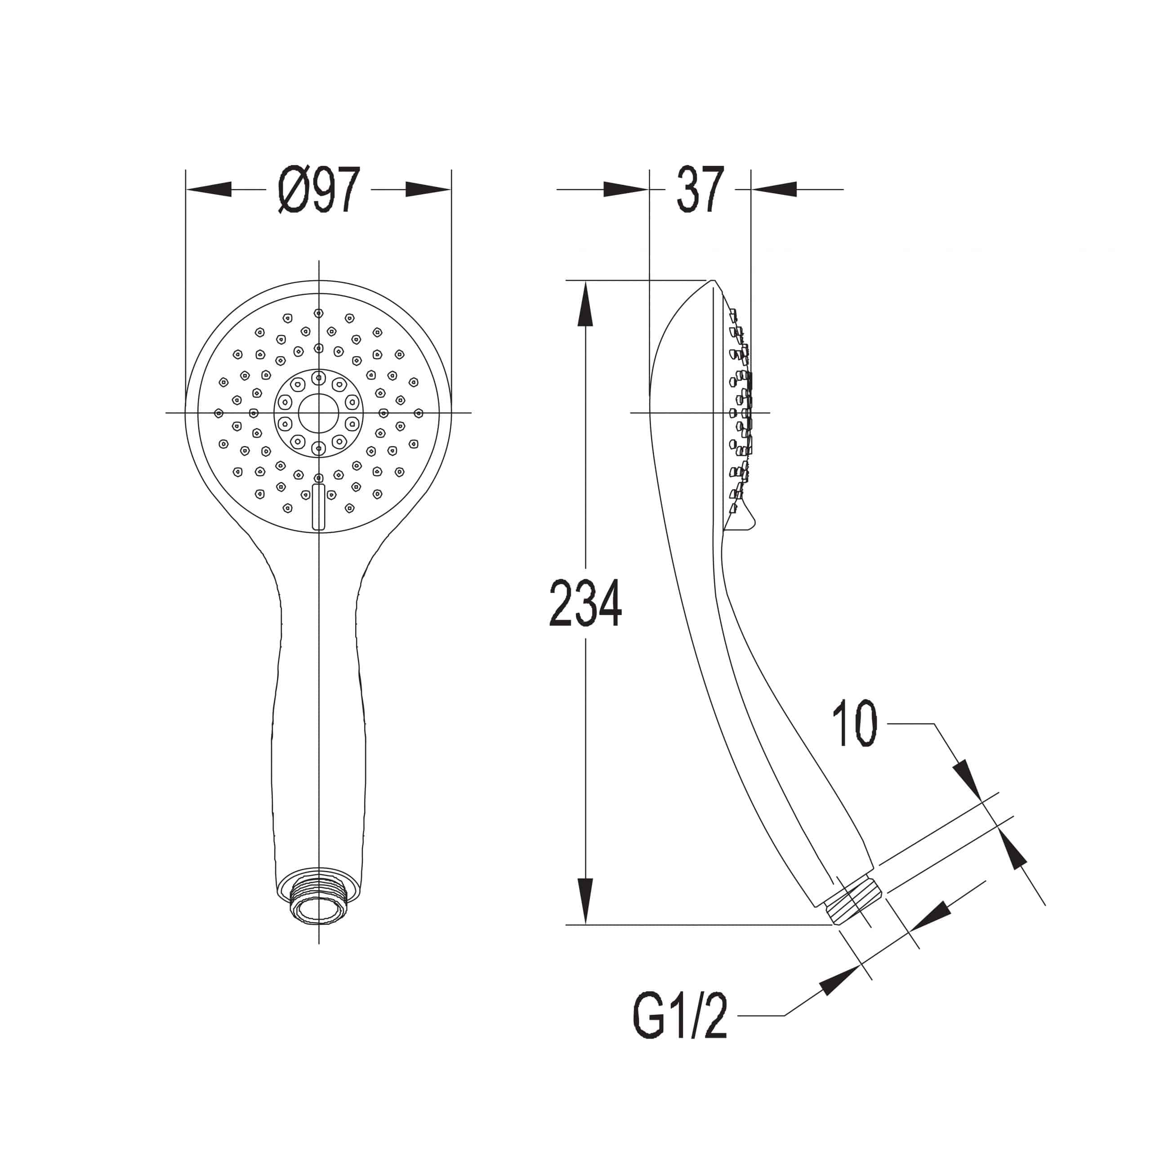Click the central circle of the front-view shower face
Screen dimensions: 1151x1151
(319, 412)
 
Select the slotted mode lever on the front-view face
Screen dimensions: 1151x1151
(319, 507)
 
